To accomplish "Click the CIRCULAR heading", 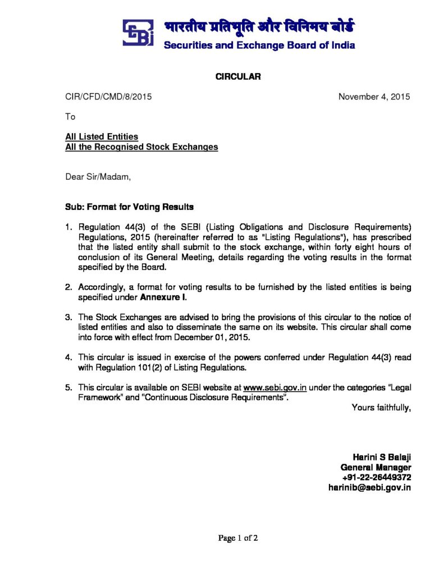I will click(238, 77).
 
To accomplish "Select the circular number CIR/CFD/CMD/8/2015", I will click(109, 97).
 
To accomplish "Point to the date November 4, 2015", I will click(374, 97).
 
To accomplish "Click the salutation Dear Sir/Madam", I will click(98, 177).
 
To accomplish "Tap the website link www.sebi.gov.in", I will click(269, 387).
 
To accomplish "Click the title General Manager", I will click(376, 467).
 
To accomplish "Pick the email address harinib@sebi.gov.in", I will click(369, 487).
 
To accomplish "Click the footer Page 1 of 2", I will click(238, 539).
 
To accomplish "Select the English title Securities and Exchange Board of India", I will click(259, 45).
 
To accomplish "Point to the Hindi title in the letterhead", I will click(259, 26).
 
